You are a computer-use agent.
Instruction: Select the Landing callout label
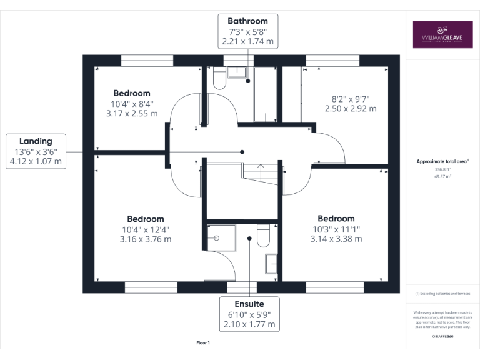tap(36, 151)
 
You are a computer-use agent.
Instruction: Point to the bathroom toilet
tap(219, 78)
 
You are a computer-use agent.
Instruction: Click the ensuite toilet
tap(263, 235)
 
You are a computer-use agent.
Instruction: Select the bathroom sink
tap(237, 72)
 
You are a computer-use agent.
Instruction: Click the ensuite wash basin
tap(272, 263)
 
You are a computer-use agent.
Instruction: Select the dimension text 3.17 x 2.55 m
tap(131, 114)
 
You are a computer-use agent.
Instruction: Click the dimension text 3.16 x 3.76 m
tap(145, 239)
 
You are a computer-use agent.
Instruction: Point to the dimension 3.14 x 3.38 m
tap(336, 238)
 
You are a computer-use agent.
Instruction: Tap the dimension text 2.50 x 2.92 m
tap(351, 108)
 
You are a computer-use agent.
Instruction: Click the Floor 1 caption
tap(203, 343)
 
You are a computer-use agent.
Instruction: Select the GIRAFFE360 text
tap(442, 337)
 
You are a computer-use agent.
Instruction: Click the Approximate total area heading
tap(442, 161)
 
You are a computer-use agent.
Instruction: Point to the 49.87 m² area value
tap(442, 176)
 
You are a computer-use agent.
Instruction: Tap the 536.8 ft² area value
tap(442, 169)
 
